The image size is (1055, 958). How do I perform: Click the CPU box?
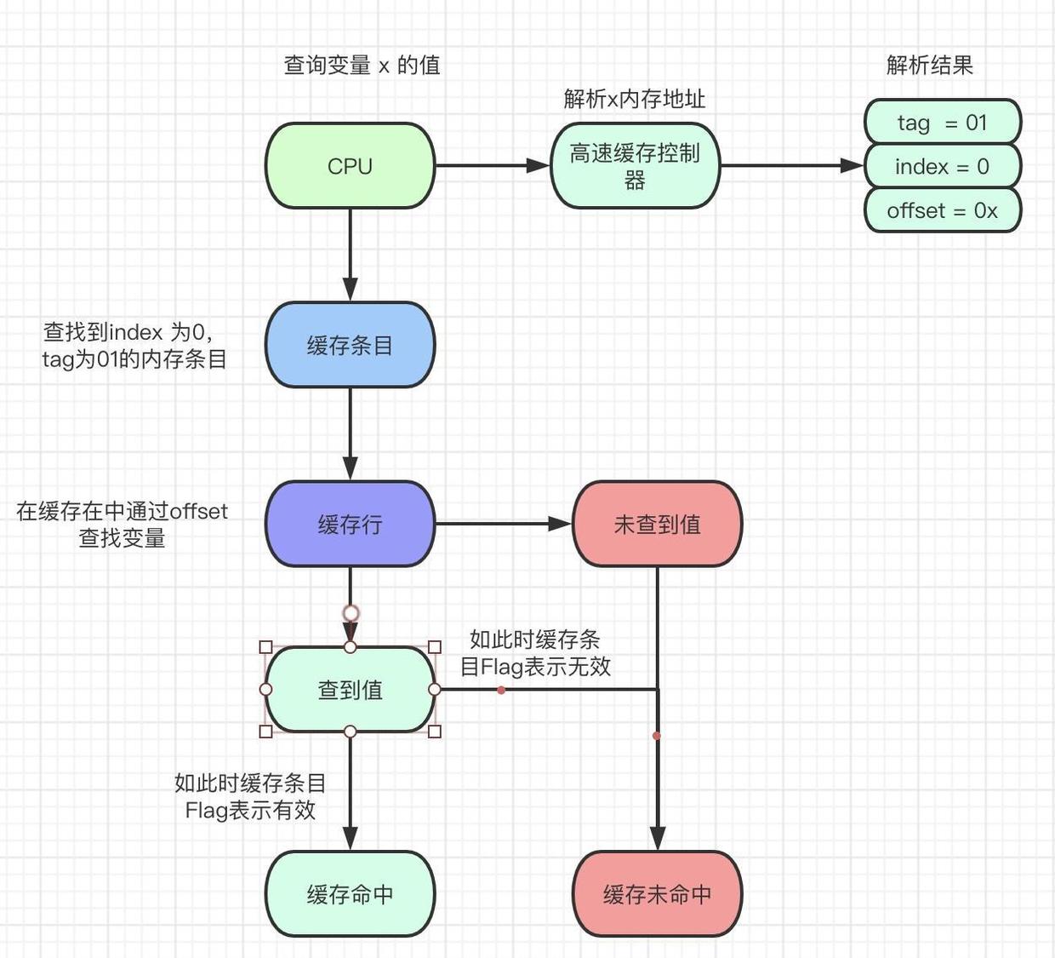[x=350, y=166]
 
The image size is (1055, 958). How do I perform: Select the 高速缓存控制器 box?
[x=635, y=166]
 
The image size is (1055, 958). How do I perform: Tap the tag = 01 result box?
[x=942, y=122]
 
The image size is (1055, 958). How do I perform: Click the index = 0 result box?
[x=942, y=166]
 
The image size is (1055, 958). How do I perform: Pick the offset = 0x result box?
[x=942, y=210]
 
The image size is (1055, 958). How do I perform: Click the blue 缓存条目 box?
[x=350, y=345]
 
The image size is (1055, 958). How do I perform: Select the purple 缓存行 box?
[x=350, y=524]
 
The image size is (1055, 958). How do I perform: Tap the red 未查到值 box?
[x=657, y=524]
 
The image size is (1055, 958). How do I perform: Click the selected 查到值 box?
[x=350, y=689]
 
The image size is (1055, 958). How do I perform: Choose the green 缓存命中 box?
[x=350, y=894]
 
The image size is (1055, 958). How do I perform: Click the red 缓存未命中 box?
[x=657, y=894]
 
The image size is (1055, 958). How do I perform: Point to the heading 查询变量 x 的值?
[x=362, y=66]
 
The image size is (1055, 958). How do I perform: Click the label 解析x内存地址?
[x=634, y=99]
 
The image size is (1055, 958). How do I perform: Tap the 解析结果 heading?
[x=929, y=66]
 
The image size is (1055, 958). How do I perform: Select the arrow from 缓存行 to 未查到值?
[x=502, y=524]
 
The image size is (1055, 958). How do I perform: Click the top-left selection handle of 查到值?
[x=265, y=647]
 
